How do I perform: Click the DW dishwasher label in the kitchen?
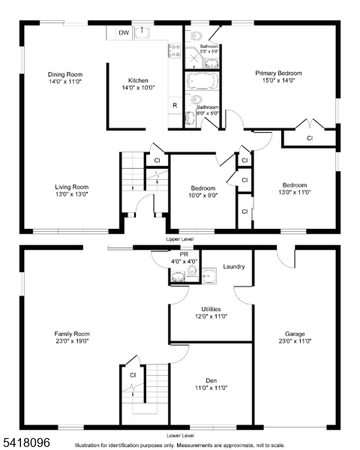click(x=124, y=33)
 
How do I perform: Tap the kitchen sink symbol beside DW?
click(x=142, y=32)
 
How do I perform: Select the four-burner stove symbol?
click(x=175, y=50)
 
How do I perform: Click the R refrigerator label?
click(x=175, y=105)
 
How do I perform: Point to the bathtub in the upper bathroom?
click(x=202, y=81)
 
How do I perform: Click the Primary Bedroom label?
click(x=278, y=73)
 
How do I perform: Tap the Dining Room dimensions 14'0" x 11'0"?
click(x=65, y=82)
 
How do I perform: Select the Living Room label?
click(x=72, y=187)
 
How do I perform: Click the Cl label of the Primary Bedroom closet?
click(x=310, y=138)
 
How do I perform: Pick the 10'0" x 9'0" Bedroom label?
click(x=203, y=188)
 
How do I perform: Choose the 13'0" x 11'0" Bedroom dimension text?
click(x=295, y=192)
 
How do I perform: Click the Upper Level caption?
click(x=180, y=239)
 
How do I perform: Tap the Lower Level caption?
click(x=181, y=435)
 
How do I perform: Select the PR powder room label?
click(x=184, y=254)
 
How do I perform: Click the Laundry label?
click(x=234, y=266)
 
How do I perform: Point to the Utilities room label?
click(x=211, y=309)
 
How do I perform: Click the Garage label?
click(x=295, y=334)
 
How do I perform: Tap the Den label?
click(x=211, y=381)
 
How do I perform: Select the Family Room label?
click(x=72, y=334)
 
